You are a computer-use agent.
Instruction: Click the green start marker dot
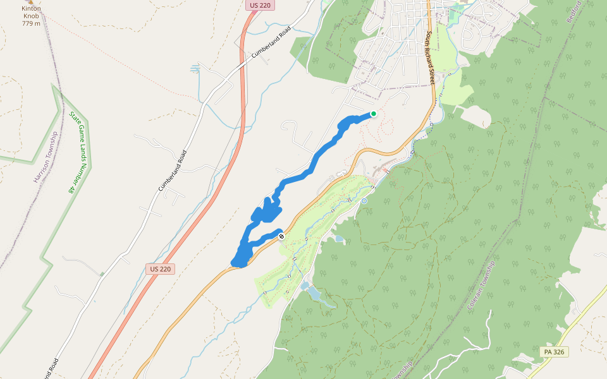point(374,114)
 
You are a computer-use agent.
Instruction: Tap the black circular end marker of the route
point(281,236)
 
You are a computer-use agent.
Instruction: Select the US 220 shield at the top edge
point(254,5)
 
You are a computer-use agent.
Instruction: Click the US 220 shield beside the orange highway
point(159,269)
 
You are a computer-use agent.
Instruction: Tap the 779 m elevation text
point(31,23)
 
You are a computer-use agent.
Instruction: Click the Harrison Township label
point(46,157)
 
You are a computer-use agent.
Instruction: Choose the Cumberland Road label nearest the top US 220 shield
point(271,43)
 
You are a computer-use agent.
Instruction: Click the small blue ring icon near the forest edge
point(364,201)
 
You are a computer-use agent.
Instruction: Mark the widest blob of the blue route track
point(266,211)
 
